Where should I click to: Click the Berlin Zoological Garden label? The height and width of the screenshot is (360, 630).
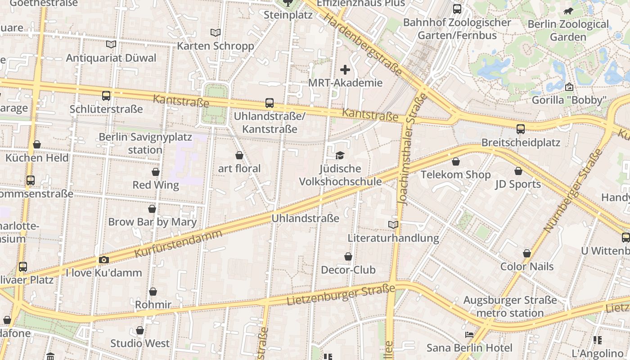tap(568, 30)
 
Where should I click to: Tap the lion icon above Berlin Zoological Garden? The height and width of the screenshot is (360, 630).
tap(568, 11)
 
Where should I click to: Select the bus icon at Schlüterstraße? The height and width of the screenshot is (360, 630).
tap(106, 95)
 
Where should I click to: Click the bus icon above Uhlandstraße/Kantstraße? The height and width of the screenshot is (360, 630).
tap(270, 103)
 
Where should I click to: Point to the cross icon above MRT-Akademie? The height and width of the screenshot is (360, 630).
tap(345, 70)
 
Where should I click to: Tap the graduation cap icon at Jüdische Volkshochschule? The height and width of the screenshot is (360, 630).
tap(340, 156)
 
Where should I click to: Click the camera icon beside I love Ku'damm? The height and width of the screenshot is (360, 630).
tap(104, 260)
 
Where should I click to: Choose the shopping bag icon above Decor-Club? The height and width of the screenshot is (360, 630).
tap(348, 256)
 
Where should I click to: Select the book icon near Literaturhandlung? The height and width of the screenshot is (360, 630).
tap(393, 225)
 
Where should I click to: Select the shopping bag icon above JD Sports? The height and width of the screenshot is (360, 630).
tap(518, 171)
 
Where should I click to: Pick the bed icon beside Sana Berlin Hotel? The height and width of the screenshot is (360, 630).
tap(469, 335)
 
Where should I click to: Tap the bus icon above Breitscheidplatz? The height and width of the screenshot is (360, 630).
tap(521, 129)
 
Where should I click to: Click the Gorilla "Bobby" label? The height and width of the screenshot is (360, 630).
tap(569, 100)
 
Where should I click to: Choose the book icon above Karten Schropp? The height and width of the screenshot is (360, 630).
tap(216, 32)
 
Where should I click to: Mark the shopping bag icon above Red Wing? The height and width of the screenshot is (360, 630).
tap(156, 172)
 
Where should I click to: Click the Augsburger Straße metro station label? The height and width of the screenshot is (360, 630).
tap(510, 306)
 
